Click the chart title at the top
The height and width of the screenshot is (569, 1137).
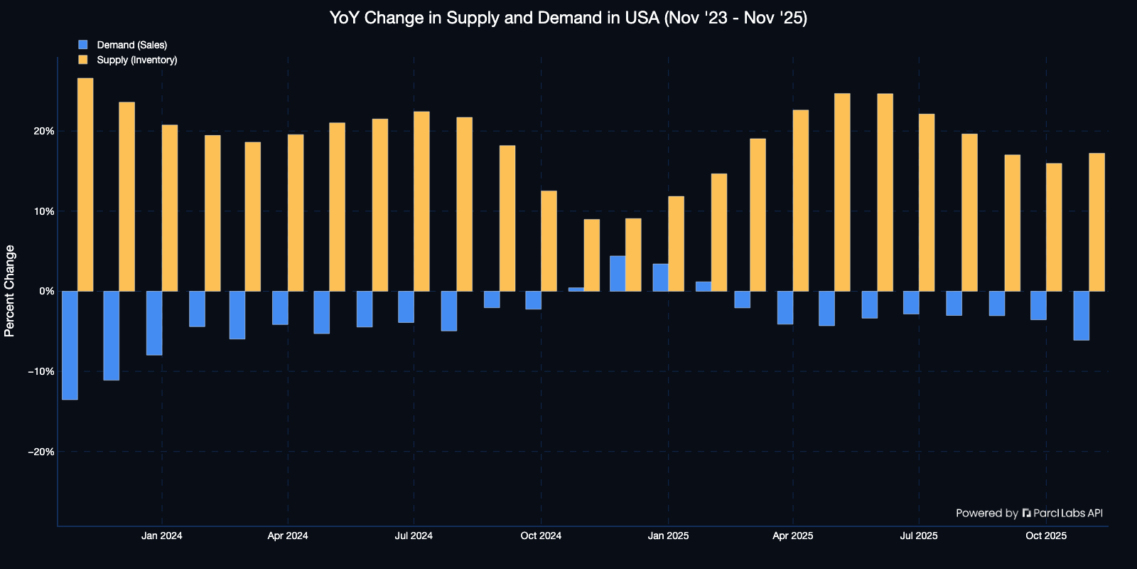pos(568,18)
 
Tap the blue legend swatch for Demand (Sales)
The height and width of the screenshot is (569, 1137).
pos(83,45)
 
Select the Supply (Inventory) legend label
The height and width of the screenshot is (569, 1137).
pos(137,60)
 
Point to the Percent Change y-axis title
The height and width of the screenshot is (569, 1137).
pos(10,291)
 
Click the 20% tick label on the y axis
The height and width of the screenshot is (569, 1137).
pos(43,131)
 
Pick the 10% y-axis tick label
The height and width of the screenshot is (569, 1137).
pos(43,211)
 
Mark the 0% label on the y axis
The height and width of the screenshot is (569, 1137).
pos(47,291)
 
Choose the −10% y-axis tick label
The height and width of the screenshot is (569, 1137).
pos(41,371)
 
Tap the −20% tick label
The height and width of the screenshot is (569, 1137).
pos(41,452)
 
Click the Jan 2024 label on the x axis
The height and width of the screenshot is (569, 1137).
pos(162,536)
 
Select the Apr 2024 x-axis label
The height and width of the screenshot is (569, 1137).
pos(288,536)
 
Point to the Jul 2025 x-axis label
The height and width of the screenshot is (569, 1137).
pos(919,536)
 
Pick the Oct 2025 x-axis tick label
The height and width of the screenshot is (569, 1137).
pos(1046,536)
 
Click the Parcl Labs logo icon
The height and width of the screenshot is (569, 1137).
pos(1026,513)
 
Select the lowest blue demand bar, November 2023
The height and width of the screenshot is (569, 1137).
pos(70,346)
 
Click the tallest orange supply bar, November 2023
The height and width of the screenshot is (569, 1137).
pos(85,184)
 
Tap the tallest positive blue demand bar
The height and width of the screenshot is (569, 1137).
pos(618,273)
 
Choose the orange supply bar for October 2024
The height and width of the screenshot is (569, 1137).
pos(549,241)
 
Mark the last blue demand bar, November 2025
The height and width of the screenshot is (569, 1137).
pos(1081,316)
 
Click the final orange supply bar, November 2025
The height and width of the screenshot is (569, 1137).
pos(1097,222)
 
